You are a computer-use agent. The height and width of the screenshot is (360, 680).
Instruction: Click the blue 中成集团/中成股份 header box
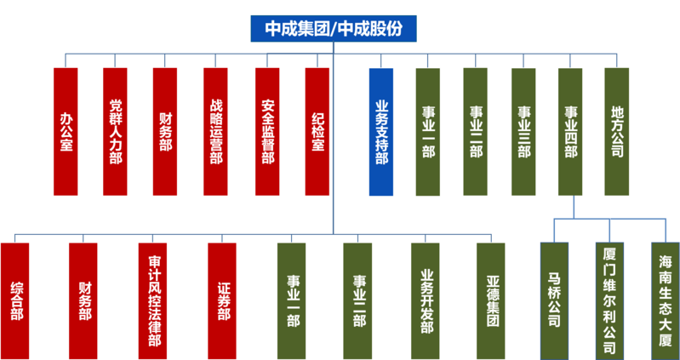click(334, 29)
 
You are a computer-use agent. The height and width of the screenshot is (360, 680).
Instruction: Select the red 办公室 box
click(66, 131)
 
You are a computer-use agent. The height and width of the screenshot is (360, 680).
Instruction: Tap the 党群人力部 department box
click(116, 131)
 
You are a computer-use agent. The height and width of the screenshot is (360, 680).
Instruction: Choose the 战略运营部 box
click(215, 131)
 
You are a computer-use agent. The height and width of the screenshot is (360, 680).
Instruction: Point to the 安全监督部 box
click(267, 131)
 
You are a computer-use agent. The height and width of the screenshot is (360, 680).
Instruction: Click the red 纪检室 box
click(317, 131)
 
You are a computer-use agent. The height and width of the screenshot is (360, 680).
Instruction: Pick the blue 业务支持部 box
click(381, 132)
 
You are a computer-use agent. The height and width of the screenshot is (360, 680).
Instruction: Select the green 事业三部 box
click(523, 132)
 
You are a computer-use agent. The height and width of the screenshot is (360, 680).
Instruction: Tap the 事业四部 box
click(570, 131)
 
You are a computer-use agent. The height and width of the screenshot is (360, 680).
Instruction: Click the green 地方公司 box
click(617, 131)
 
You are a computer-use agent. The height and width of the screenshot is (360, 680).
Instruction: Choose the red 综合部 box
click(14, 301)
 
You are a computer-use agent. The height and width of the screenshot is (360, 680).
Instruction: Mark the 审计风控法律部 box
click(152, 301)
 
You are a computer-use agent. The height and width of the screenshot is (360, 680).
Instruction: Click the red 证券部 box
click(222, 301)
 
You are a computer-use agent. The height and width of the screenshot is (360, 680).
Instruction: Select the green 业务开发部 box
click(426, 301)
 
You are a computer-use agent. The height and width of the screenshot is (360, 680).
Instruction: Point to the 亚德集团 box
click(491, 301)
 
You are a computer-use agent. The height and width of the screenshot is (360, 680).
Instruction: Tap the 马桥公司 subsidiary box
click(554, 301)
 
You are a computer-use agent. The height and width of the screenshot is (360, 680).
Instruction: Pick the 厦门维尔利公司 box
click(609, 301)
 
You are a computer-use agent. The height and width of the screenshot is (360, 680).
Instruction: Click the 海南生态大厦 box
click(666, 301)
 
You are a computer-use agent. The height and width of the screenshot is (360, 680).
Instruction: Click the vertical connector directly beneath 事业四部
click(574, 207)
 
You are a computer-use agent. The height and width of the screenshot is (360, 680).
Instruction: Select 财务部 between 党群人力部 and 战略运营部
click(165, 131)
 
